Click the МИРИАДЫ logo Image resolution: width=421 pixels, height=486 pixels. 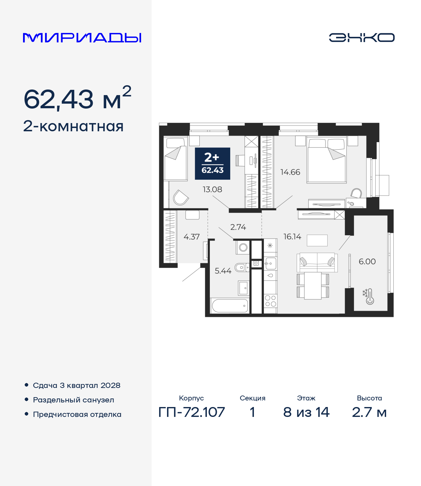[82, 38]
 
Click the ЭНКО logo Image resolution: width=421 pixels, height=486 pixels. [361, 38]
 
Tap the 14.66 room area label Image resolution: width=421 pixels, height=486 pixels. [290, 172]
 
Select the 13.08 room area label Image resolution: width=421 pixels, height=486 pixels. [212, 190]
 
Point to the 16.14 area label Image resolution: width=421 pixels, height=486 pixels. [292, 237]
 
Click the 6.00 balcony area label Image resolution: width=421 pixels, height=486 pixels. [367, 262]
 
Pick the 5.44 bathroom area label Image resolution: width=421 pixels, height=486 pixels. [223, 271]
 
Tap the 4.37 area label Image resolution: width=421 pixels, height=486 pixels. [191, 237]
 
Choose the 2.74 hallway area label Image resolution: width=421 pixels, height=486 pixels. [238, 227]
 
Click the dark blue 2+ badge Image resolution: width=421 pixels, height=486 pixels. [212, 164]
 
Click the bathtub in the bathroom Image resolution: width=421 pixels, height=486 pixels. [230, 306]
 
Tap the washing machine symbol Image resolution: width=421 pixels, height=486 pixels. [243, 247]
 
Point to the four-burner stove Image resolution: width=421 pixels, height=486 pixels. [270, 301]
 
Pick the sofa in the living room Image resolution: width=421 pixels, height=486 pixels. [317, 262]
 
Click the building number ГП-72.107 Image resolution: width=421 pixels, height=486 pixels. [191, 412]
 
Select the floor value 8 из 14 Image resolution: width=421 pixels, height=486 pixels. [306, 412]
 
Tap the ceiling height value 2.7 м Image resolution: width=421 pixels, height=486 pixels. [369, 412]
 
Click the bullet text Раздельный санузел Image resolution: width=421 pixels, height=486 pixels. [73, 400]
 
